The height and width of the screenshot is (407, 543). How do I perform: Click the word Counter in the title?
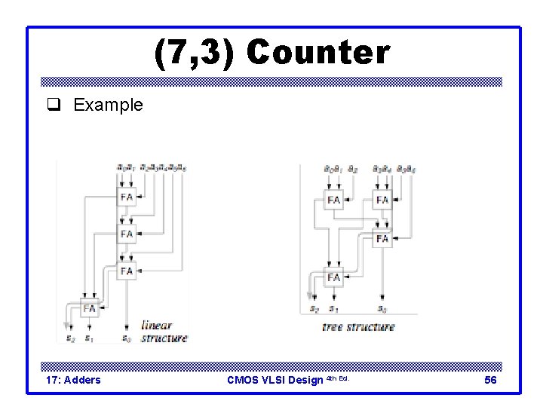(318, 53)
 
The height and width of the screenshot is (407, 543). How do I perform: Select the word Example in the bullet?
(108, 105)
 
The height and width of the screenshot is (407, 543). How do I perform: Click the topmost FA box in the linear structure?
(127, 197)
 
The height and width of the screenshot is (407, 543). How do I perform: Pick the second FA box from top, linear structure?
(127, 234)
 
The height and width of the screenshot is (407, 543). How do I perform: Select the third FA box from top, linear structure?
(127, 270)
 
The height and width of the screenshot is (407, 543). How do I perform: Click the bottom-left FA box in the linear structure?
(90, 308)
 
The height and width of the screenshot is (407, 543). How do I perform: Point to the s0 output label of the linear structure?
(127, 338)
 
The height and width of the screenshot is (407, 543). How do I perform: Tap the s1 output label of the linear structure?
(89, 338)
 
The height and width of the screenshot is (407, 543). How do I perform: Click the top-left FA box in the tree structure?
(334, 200)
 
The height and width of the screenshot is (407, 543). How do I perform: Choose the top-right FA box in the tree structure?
(382, 200)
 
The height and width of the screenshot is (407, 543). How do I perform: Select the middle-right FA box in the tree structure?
(382, 238)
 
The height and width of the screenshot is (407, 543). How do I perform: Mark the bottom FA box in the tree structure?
(334, 277)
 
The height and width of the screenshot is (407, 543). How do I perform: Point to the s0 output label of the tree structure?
(382, 309)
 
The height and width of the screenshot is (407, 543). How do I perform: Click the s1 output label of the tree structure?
(333, 309)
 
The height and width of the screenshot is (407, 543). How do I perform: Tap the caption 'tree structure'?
(357, 327)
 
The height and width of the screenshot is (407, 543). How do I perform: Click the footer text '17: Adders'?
(73, 380)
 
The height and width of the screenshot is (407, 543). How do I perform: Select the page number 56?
(490, 380)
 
